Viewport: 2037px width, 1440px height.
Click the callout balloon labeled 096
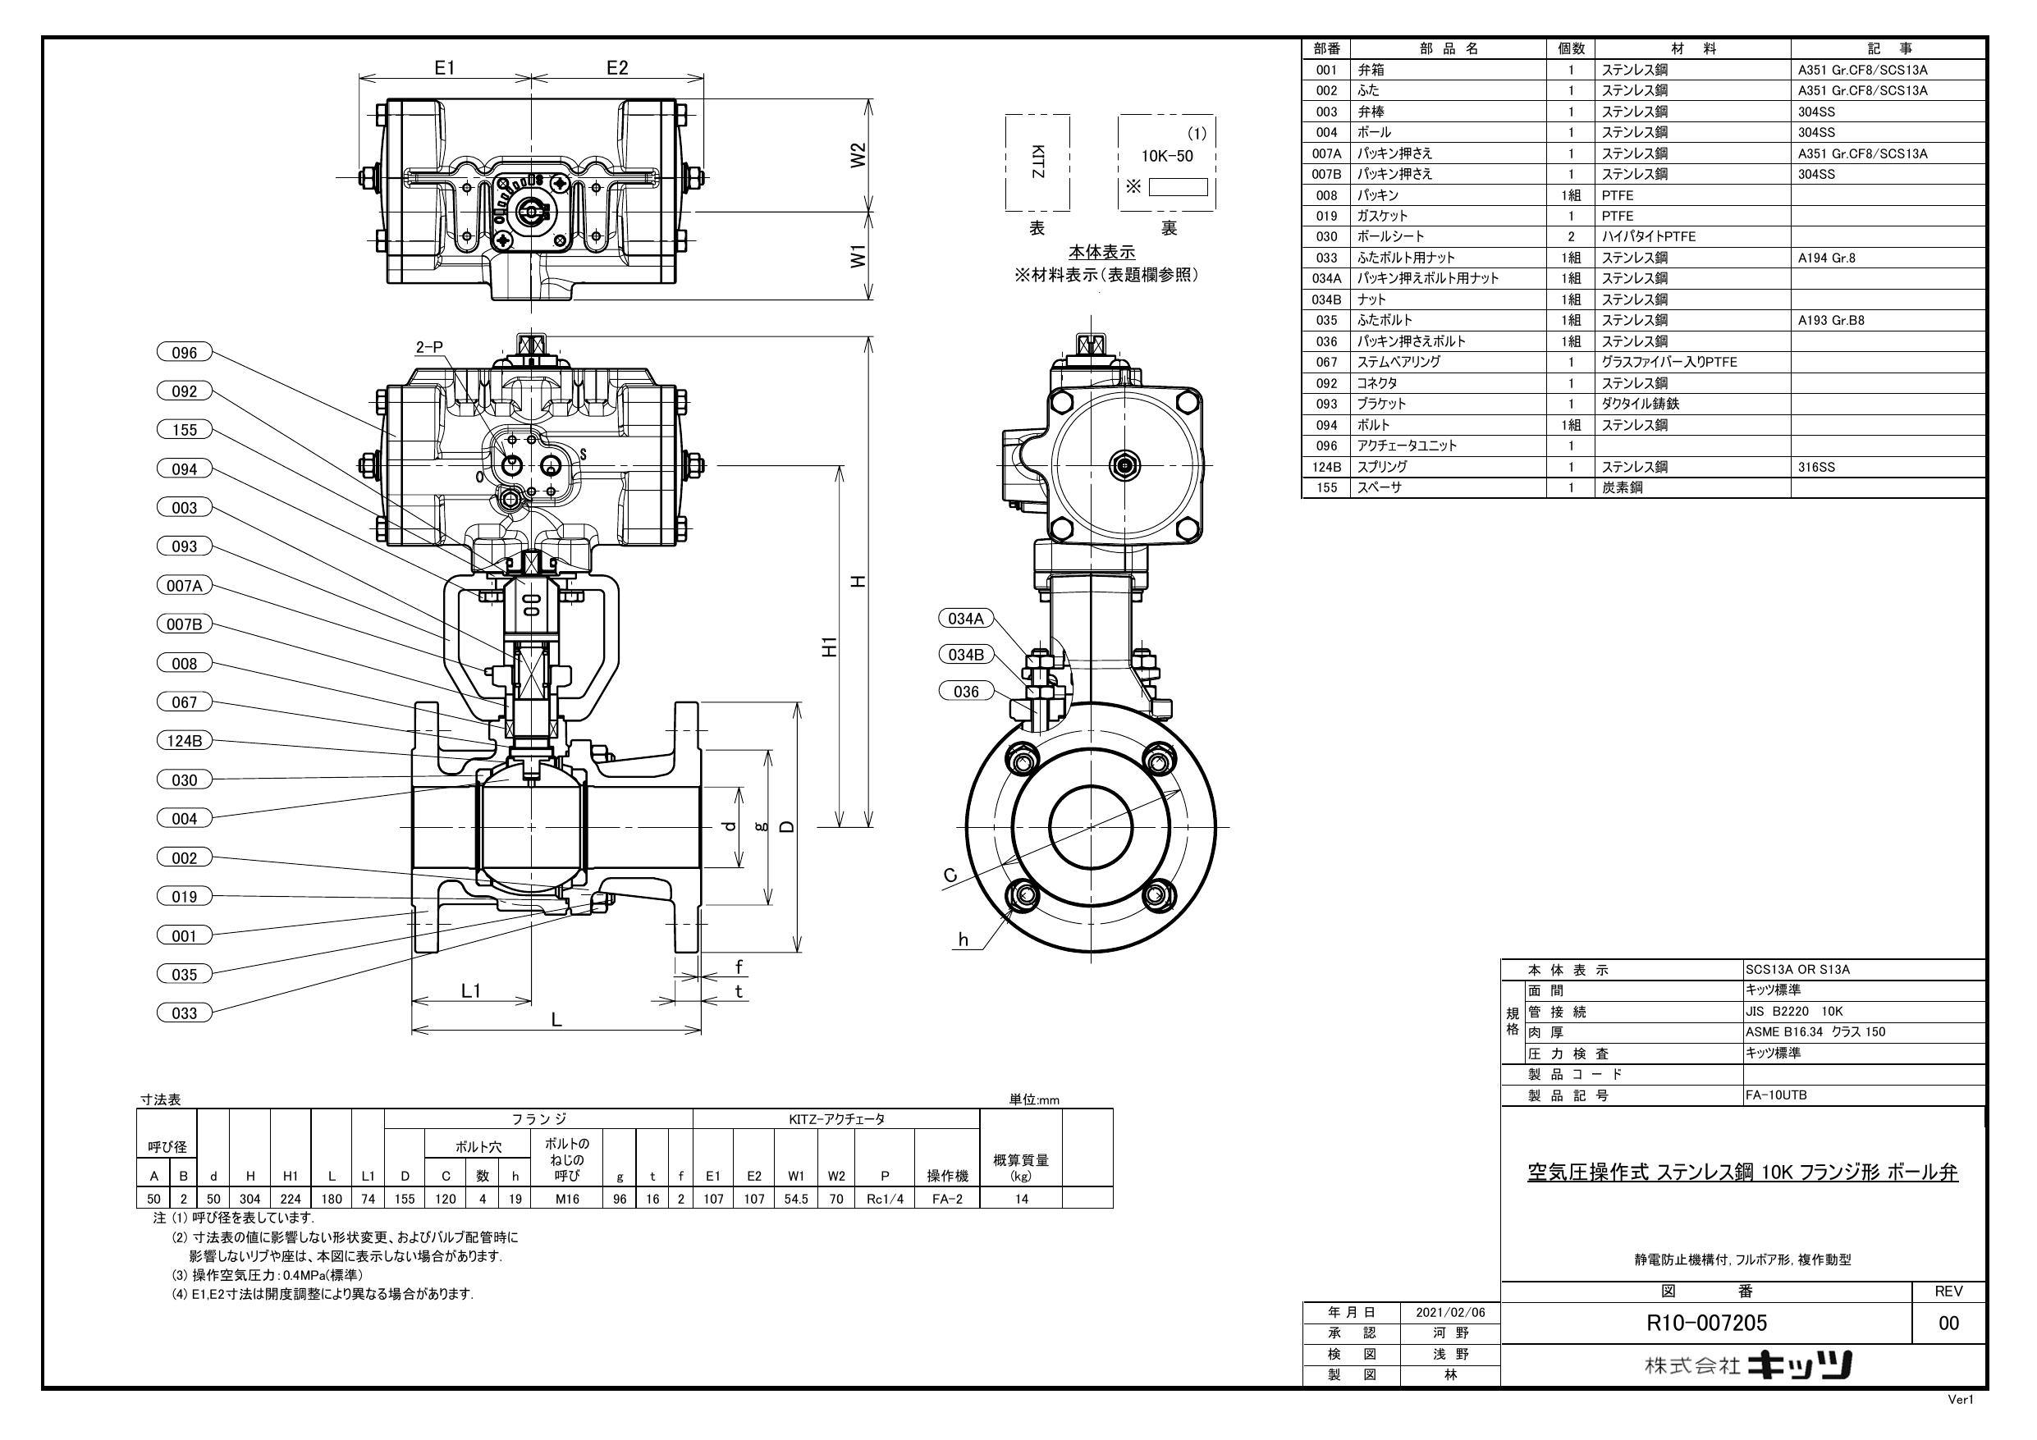pos(185,352)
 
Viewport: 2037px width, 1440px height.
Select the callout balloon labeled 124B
pos(185,741)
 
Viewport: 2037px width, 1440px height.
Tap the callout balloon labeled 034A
pos(966,619)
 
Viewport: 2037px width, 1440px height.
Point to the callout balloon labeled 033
pos(185,1013)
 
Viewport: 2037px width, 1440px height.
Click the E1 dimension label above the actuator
pos(445,67)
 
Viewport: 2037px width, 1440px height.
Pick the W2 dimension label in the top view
pos(858,156)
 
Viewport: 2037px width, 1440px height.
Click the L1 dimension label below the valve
pos(471,990)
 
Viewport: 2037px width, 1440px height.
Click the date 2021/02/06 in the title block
pos(1450,1312)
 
